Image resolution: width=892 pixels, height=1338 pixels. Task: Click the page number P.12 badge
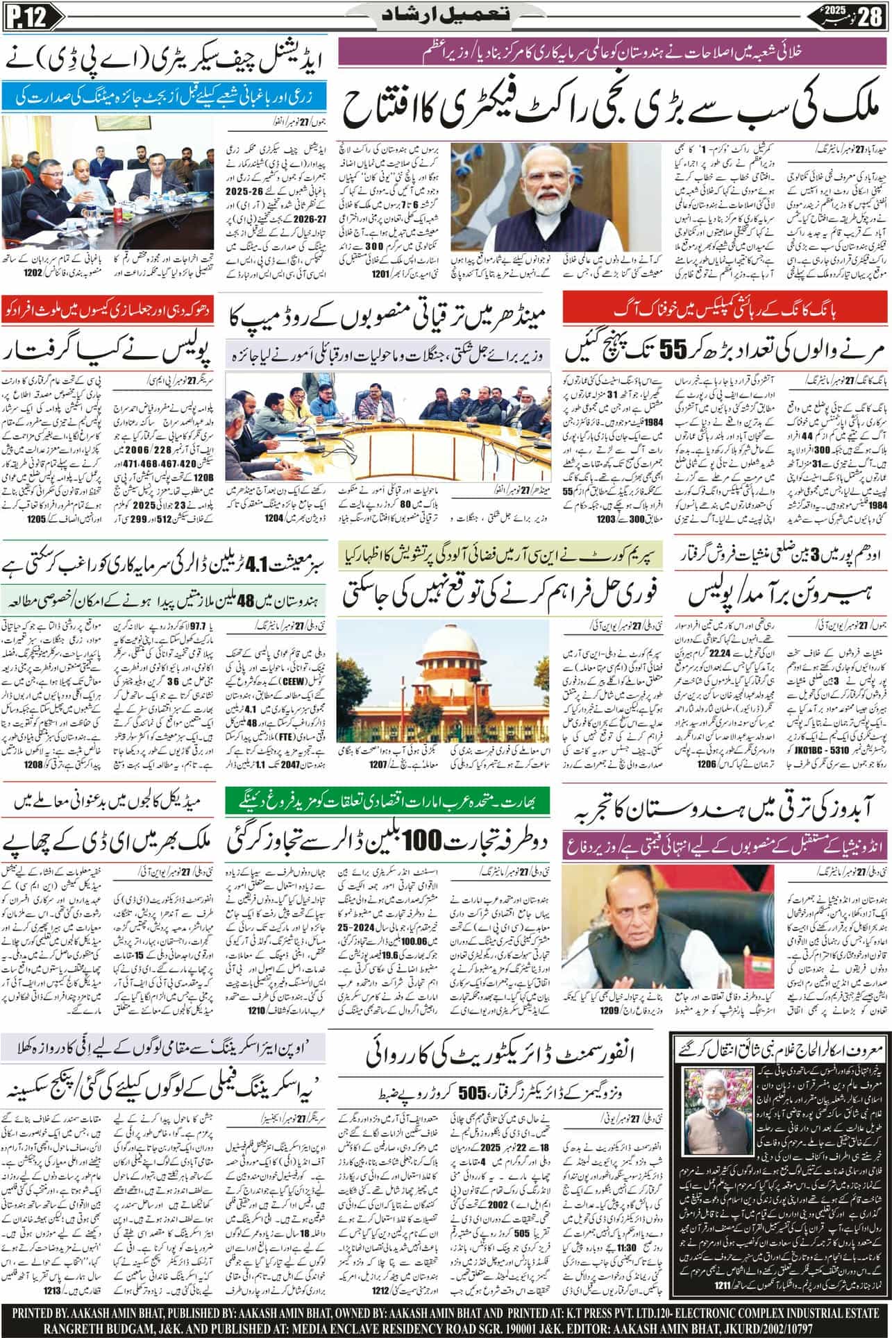coord(26,16)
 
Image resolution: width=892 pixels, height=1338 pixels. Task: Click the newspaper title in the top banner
coord(445,15)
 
